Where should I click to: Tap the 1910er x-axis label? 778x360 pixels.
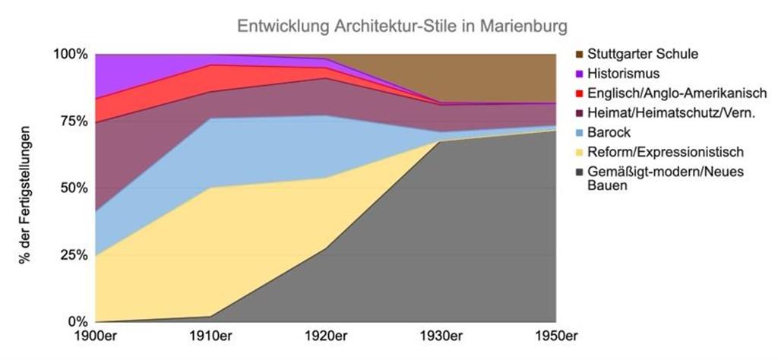point(212,336)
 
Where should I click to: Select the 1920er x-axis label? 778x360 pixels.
point(327,336)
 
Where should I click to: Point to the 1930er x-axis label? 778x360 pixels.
point(442,336)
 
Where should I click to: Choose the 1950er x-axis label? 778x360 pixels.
point(556,336)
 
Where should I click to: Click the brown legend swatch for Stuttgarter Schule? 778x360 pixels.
point(580,54)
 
